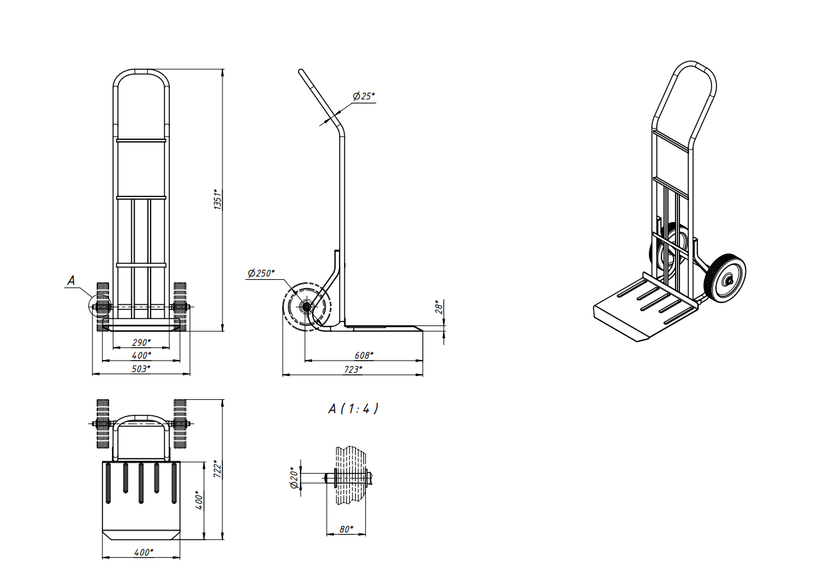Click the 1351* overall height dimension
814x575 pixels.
(x=217, y=199)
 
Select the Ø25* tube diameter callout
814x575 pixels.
(x=363, y=96)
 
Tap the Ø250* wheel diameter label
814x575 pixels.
(x=261, y=273)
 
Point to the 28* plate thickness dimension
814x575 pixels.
(x=439, y=307)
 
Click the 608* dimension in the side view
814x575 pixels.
(x=364, y=355)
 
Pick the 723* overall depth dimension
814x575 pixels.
(x=353, y=370)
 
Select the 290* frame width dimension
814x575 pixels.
(x=141, y=343)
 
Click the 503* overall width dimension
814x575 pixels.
(x=141, y=368)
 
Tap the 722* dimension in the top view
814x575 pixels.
(x=217, y=469)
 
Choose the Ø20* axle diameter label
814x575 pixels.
(x=294, y=478)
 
